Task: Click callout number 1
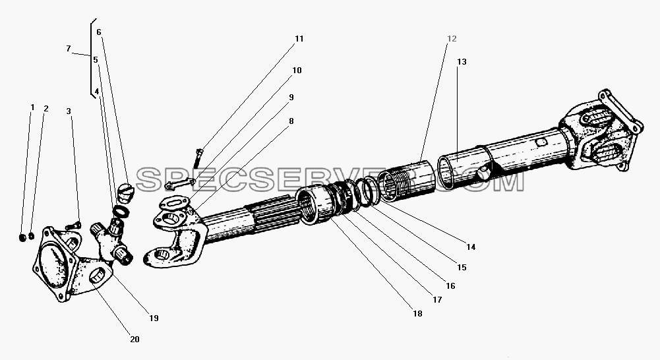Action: pos(32,107)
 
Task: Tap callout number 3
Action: pos(69,111)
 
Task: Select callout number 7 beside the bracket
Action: pos(68,49)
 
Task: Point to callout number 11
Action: pos(299,39)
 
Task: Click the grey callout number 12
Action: pos(452,39)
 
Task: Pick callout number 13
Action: pos(462,62)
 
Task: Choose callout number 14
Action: pos(471,247)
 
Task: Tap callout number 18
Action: pos(417,314)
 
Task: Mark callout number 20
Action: pos(135,340)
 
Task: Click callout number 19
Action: pos(154,318)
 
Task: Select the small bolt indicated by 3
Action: pos(73,226)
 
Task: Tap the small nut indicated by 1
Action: pos(23,238)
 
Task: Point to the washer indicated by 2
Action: pos(31,237)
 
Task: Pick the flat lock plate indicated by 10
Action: pos(179,183)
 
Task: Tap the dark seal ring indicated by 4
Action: pos(121,210)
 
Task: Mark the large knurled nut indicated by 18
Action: pos(313,206)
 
